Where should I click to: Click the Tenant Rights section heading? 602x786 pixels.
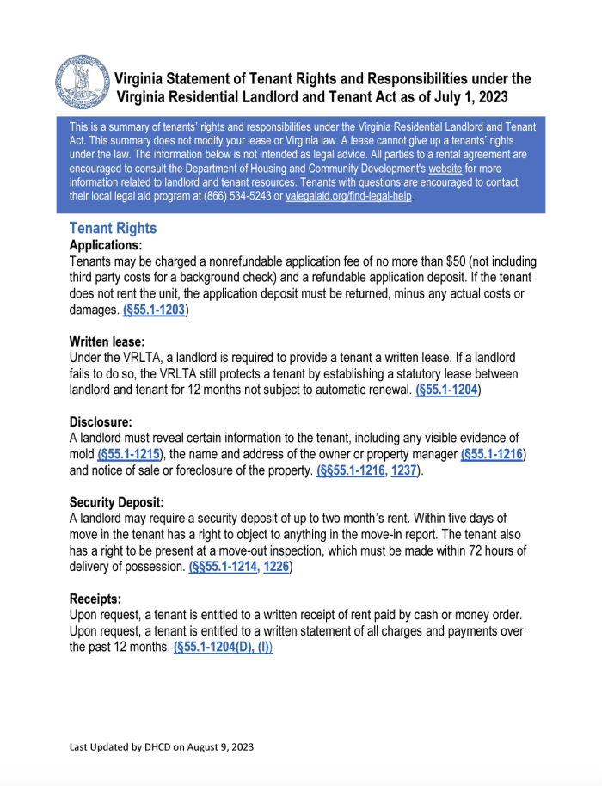click(113, 229)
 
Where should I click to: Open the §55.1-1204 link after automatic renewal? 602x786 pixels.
click(447, 389)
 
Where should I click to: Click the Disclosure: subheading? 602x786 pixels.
click(101, 421)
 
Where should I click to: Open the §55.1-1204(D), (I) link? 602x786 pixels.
click(222, 646)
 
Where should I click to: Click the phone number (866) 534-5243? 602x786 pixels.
click(235, 196)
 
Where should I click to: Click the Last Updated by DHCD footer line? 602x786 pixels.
click(162, 747)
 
